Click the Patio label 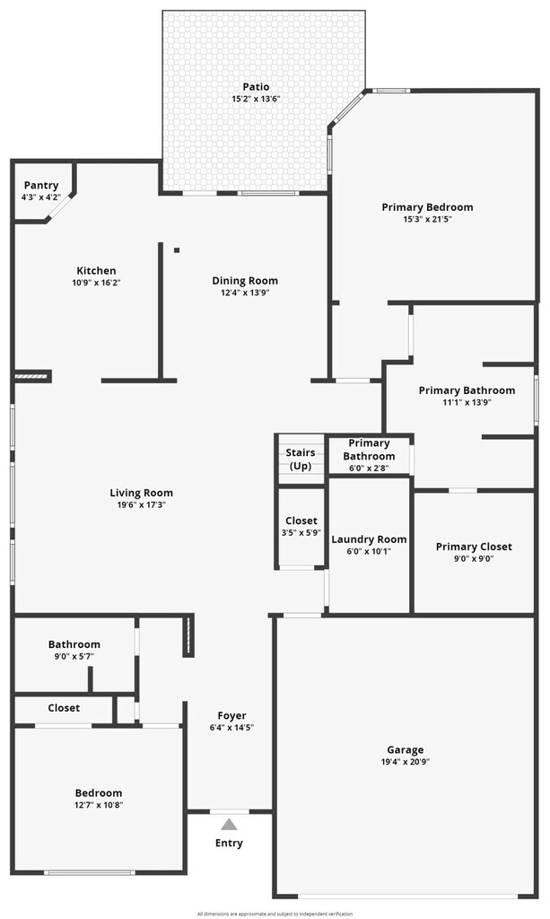[256, 87]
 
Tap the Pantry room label [41, 186]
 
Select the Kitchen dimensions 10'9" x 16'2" [96, 283]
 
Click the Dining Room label [245, 280]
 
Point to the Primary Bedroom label [427, 207]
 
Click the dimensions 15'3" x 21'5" [427, 219]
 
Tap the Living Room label [142, 493]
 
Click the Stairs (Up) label [301, 459]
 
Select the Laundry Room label [369, 539]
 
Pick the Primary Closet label [474, 547]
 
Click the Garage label [406, 750]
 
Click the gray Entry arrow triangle [230, 825]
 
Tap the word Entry [229, 844]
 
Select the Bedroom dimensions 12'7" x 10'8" [99, 805]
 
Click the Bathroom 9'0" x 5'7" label [74, 644]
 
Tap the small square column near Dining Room [177, 250]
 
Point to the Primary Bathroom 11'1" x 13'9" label [467, 390]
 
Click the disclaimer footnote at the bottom [275, 914]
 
